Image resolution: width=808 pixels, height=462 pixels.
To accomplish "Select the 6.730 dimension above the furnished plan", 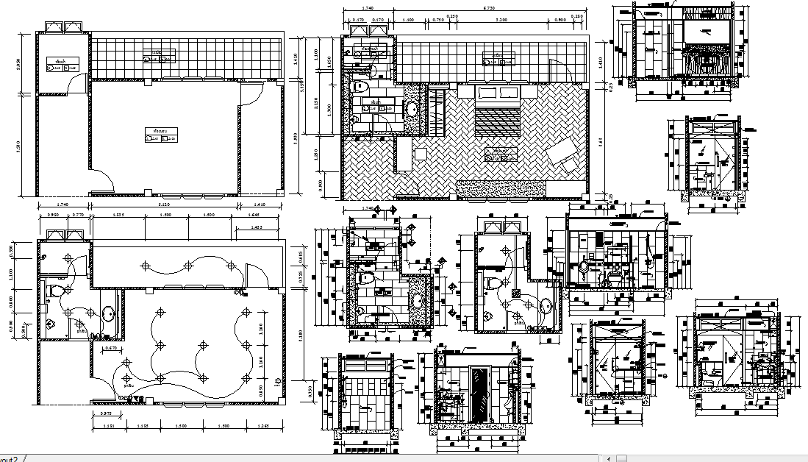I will [488, 9].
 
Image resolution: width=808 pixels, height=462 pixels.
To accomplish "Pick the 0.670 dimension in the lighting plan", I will [111, 347].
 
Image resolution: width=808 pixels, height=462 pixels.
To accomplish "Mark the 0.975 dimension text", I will [106, 413].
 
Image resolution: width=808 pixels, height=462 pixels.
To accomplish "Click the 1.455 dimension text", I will [256, 228].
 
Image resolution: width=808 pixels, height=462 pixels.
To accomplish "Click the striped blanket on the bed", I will [498, 120].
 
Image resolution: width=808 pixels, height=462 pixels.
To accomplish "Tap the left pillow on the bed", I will [486, 93].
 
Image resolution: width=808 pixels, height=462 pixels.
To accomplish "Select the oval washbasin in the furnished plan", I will [412, 110].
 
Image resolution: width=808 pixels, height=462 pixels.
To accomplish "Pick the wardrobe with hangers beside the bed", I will [438, 110].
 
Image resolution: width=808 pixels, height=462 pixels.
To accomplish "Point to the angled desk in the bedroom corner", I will [567, 154].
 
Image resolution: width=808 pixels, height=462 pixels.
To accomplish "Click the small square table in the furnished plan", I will [420, 153].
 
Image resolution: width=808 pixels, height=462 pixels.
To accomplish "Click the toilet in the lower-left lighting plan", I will [53, 292].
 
